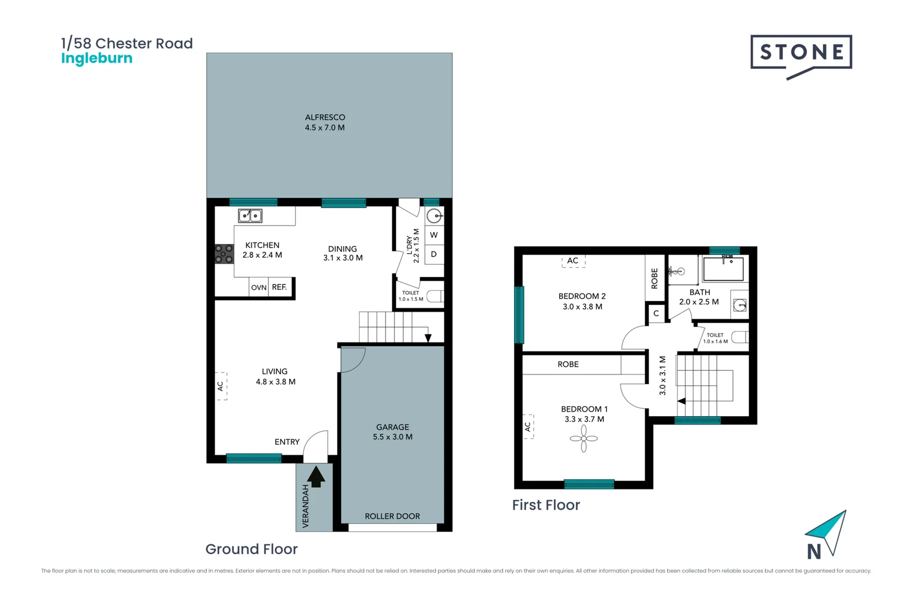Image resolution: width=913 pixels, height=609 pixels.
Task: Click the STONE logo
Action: coord(801,53)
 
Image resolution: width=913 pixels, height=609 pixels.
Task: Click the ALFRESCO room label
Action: coord(325,117)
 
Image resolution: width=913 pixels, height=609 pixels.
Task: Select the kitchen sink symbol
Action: coord(250,215)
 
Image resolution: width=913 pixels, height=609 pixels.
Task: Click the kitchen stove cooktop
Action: coord(224,254)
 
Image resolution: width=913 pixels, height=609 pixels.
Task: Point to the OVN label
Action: coord(259,288)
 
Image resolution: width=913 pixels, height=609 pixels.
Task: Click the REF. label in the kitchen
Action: coord(280,287)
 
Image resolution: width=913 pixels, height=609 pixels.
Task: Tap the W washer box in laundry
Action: coord(433,235)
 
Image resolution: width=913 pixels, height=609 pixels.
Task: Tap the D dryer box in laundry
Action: coord(433,254)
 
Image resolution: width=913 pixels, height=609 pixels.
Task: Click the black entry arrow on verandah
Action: coord(316,476)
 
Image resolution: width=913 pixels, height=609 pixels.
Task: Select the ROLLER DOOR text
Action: coord(392,516)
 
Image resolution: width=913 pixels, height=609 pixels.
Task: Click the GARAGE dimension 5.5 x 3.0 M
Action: coord(392,437)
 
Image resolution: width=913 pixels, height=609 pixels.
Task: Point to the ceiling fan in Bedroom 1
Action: coord(583,438)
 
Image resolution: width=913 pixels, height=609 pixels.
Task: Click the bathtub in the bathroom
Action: coord(723,269)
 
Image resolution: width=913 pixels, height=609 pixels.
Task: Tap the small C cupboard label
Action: coord(656,314)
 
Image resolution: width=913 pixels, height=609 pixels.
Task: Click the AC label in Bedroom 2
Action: coord(573,261)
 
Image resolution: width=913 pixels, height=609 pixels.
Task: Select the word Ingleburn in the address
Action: coord(96,59)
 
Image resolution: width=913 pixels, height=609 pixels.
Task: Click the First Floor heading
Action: coord(546,505)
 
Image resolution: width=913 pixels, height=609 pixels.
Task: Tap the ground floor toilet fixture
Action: coord(435,296)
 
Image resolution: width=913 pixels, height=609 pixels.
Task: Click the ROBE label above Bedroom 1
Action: coord(568,364)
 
